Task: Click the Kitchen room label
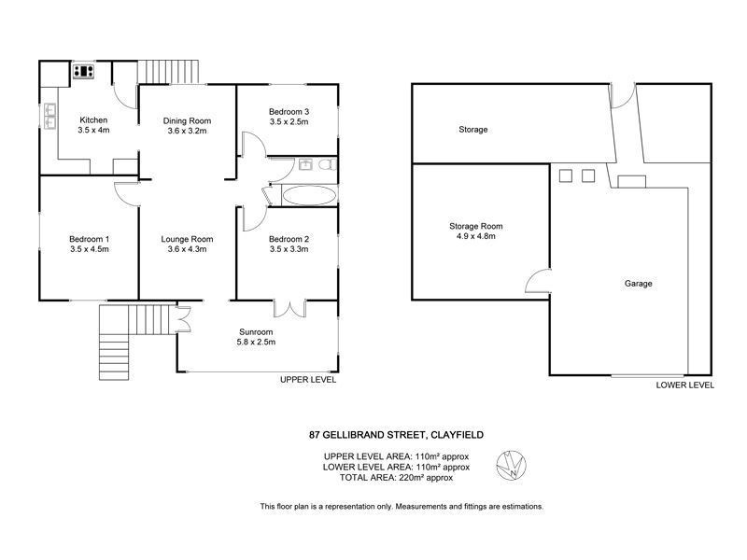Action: point(93,120)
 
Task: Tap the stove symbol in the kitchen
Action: point(87,70)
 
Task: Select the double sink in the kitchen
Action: point(49,114)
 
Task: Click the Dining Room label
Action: point(188,120)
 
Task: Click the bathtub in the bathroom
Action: point(308,196)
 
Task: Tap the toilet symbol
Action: point(326,165)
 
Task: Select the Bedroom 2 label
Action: point(289,238)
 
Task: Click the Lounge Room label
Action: point(188,238)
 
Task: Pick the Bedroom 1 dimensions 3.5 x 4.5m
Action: point(91,249)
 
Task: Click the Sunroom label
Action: point(256,330)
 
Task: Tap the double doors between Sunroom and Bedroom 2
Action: point(290,309)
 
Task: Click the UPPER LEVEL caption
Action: point(308,381)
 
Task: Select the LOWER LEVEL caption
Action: point(684,384)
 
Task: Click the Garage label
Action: point(638,283)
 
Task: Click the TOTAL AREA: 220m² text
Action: point(388,477)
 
